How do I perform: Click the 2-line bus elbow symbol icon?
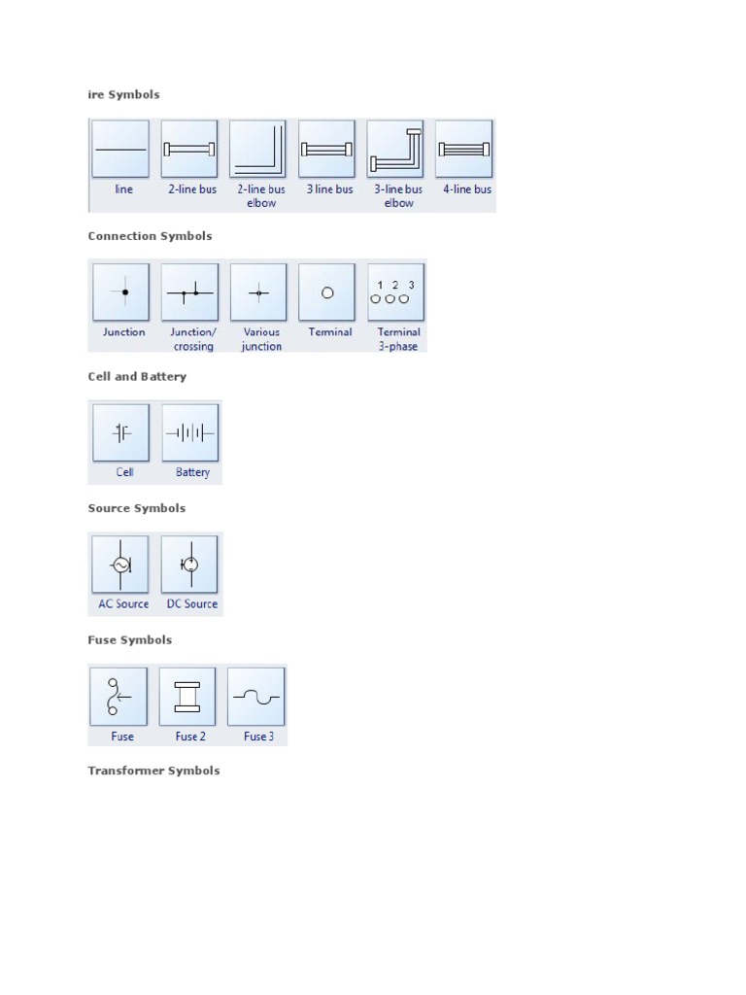coord(257,149)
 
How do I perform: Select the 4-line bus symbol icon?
coord(463,149)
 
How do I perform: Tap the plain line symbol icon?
coord(120,149)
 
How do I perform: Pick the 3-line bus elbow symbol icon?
coord(395,149)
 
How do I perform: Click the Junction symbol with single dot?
coord(121,292)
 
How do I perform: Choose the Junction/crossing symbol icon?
coord(189,292)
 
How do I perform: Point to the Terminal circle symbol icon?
coord(326,292)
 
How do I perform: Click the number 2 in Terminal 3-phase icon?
coord(395,285)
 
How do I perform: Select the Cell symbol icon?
coord(121,432)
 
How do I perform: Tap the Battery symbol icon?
coord(190,432)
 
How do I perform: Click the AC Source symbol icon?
coord(119,565)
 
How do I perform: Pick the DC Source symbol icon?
coord(189,565)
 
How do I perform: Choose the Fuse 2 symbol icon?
coord(187,696)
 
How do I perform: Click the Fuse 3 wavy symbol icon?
coord(256,696)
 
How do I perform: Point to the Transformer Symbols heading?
coord(153,771)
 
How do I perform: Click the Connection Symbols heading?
coord(150,236)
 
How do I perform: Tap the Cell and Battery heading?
coord(137,376)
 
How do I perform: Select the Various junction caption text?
coord(261,339)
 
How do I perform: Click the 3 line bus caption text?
coord(330,189)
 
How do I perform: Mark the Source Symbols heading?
coord(136,508)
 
